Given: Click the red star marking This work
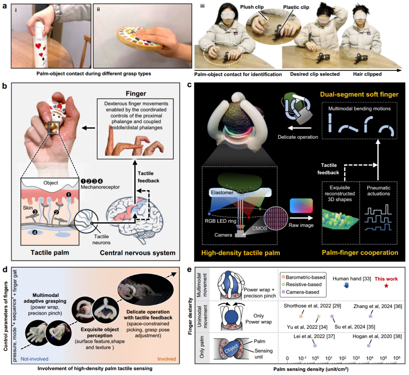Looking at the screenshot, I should pos(386,285).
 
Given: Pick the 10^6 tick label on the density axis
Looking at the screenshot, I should pos(397,358).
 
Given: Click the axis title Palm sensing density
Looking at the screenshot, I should pos(328,368).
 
